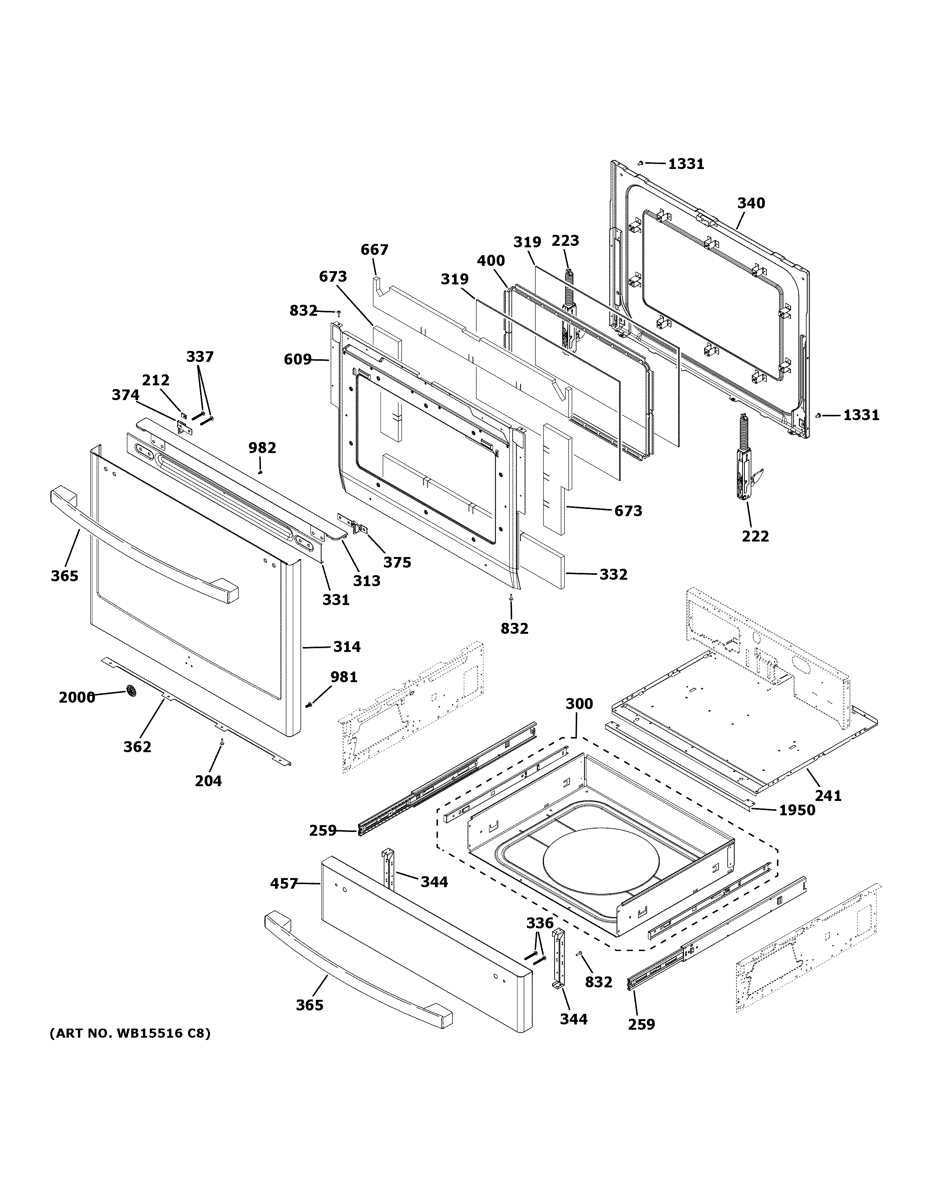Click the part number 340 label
point(750,203)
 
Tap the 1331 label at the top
point(686,164)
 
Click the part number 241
point(828,795)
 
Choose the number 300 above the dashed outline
point(579,704)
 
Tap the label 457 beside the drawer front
point(284,884)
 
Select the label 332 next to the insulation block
point(613,574)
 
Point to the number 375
point(397,562)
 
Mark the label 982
point(262,448)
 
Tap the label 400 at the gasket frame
point(491,261)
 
